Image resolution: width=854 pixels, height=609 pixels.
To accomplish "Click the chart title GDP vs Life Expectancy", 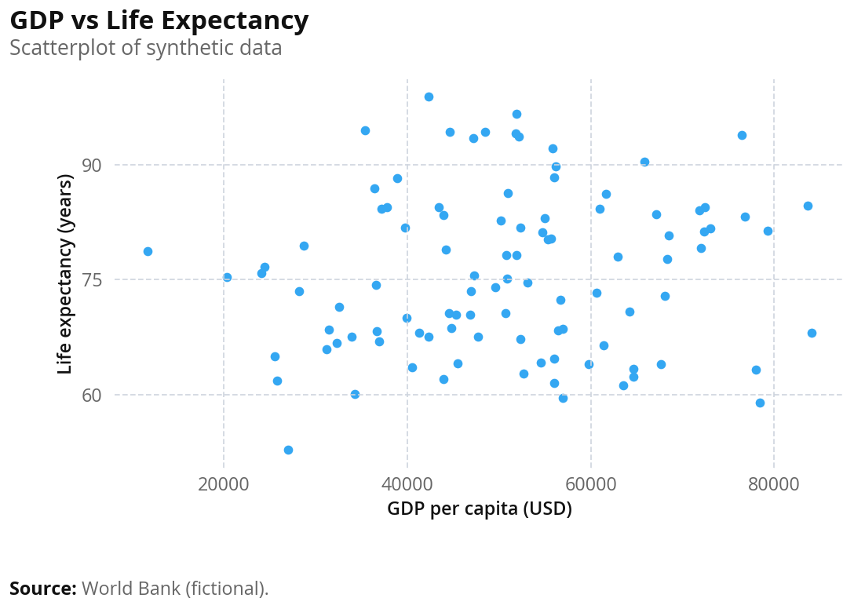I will tap(159, 21).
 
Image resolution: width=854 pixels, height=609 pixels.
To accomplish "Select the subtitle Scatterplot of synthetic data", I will tap(145, 48).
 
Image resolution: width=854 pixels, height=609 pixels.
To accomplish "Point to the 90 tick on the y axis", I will tap(91, 165).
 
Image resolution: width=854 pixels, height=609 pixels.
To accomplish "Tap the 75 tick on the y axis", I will tap(91, 280).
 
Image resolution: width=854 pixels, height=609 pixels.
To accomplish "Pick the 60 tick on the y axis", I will tap(91, 395).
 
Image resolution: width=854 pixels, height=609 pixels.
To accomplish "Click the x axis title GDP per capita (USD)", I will tap(480, 509).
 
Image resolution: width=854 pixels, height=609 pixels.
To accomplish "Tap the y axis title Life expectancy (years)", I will tap(65, 274).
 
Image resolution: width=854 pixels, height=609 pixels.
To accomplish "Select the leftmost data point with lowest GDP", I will tap(148, 251).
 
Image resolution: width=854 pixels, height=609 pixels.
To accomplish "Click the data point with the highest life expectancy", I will tap(429, 97).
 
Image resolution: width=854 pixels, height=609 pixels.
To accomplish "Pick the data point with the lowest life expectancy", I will tap(288, 450).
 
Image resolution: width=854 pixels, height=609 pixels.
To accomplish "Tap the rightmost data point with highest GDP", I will tap(812, 333).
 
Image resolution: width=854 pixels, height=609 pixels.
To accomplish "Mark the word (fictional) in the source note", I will tap(227, 589).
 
